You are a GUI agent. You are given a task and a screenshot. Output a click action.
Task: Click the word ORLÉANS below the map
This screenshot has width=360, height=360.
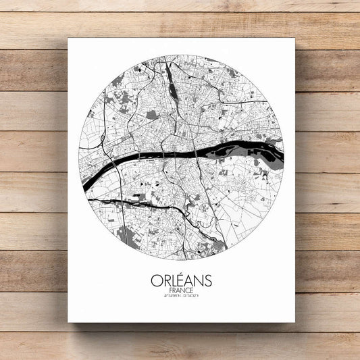181,280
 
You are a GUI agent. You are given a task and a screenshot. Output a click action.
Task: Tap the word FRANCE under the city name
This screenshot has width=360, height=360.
181,290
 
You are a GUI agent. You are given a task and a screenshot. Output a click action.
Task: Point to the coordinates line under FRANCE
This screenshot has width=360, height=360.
181,297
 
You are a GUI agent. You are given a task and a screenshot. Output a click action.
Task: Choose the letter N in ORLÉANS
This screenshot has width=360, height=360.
198,280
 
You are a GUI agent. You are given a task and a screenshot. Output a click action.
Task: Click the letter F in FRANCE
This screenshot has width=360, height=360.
170,290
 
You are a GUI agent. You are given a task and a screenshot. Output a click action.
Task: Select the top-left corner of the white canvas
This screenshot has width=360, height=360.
69,38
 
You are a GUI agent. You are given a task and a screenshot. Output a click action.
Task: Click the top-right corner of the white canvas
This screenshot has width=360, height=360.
294,38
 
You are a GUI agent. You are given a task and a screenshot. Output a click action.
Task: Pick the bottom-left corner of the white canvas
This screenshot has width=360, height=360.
69,322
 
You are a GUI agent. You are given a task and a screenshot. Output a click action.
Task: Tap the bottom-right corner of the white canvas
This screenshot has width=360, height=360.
294,322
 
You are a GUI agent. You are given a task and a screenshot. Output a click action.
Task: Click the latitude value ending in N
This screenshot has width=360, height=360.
172,297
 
